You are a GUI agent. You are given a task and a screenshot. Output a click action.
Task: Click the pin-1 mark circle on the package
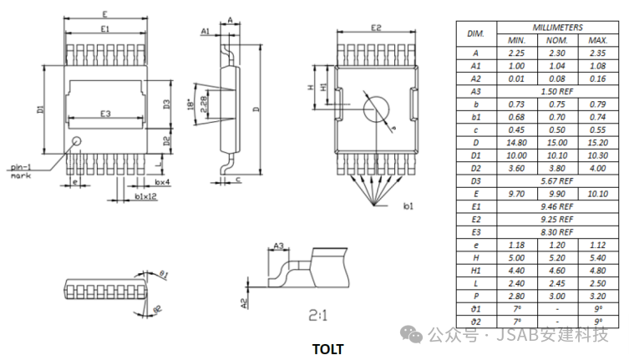77,140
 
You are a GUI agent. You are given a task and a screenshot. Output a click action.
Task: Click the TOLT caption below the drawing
327,349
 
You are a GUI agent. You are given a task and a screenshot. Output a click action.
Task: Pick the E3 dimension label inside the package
105,113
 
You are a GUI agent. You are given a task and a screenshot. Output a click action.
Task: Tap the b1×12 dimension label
145,196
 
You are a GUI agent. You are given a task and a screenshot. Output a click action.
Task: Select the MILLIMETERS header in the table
557,27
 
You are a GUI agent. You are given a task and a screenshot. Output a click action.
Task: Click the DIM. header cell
476,33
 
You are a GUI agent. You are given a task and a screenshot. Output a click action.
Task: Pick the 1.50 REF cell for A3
557,90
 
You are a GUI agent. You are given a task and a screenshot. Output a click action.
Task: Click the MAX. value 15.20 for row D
597,143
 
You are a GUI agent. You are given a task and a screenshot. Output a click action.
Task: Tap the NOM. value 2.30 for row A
557,52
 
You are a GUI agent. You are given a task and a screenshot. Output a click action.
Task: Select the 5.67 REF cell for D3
557,180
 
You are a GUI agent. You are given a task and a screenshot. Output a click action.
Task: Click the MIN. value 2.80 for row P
516,296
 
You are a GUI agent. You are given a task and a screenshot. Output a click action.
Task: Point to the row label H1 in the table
476,270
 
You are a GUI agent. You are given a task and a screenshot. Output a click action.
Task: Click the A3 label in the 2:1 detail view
279,246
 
